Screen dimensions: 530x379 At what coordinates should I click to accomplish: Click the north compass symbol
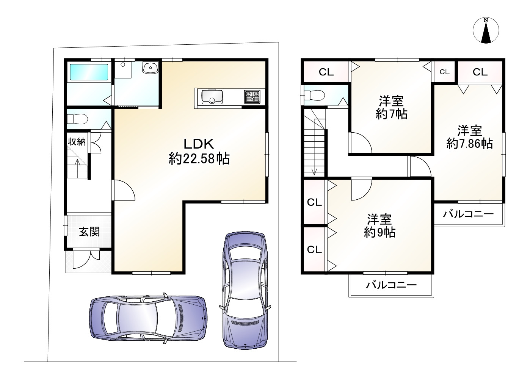(x=486, y=30)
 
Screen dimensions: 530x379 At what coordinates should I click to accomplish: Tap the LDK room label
(x=199, y=144)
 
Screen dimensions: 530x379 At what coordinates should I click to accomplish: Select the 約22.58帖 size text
(x=199, y=158)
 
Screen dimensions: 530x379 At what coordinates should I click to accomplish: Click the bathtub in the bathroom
(x=89, y=72)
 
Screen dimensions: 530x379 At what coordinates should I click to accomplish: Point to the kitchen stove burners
(x=252, y=97)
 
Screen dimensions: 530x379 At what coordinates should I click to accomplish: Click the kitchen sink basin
(x=212, y=97)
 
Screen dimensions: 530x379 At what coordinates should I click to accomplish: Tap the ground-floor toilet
(x=78, y=119)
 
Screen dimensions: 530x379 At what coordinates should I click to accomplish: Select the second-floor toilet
(x=314, y=96)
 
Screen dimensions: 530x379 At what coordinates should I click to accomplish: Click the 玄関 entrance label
(x=89, y=232)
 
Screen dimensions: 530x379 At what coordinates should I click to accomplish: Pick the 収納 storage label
(x=77, y=142)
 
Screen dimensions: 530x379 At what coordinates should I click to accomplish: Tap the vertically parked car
(x=245, y=291)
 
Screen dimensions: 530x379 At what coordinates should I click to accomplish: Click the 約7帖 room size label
(x=391, y=114)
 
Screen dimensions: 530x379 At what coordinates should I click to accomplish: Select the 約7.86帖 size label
(x=469, y=144)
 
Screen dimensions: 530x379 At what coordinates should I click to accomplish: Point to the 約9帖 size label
(x=379, y=232)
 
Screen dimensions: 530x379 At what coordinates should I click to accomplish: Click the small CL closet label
(x=444, y=72)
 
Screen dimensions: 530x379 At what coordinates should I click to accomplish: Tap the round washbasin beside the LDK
(x=150, y=68)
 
